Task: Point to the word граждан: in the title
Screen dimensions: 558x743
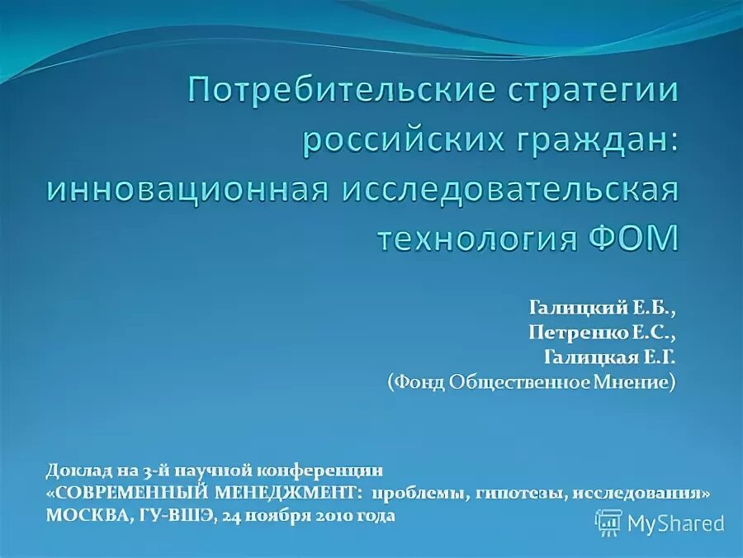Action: (x=589, y=139)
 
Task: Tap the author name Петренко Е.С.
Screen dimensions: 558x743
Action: (x=602, y=333)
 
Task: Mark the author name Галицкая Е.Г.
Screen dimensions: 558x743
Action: (x=609, y=357)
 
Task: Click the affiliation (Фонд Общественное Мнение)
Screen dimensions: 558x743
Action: (x=531, y=382)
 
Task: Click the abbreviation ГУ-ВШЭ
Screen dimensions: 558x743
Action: (x=173, y=515)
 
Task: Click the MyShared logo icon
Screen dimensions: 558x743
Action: (x=609, y=523)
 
